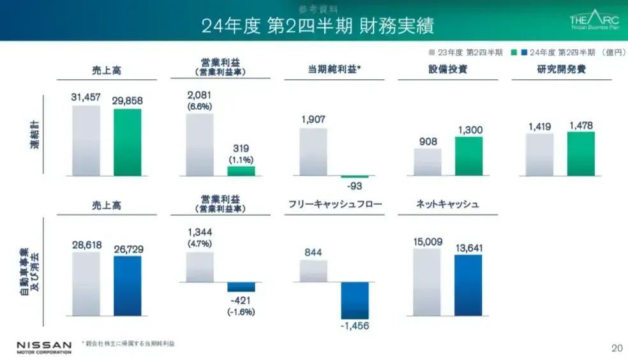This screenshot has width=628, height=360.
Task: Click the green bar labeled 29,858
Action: click(128, 142)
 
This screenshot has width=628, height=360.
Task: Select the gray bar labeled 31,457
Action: click(86, 140)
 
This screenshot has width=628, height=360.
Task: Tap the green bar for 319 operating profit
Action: click(241, 171)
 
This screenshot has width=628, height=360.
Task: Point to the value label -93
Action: click(355, 186)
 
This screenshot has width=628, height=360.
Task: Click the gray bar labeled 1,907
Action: click(313, 152)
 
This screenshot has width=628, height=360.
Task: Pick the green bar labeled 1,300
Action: click(469, 156)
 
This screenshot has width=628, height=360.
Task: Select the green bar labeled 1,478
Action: click(581, 154)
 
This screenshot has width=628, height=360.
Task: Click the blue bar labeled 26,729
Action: click(128, 285)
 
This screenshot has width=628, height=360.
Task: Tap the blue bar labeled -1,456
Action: click(355, 300)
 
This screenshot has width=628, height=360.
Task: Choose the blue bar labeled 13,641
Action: click(468, 285)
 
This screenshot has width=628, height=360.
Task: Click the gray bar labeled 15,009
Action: click(427, 282)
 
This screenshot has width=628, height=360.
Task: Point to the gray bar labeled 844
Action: click(313, 271)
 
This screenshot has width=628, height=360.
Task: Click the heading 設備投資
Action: click(447, 70)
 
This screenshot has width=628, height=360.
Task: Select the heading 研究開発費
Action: click(561, 70)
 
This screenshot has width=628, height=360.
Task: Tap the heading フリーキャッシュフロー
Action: click(335, 205)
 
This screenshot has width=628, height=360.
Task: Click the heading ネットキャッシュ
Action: click(447, 205)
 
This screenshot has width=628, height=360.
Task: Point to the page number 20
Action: click(617, 348)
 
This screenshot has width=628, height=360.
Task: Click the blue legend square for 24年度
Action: click(524, 52)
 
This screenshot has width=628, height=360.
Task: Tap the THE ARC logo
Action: click(594, 20)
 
